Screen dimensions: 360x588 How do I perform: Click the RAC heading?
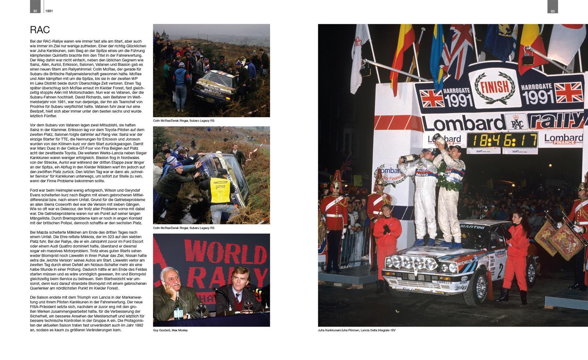point(40,30)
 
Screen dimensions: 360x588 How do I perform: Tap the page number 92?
point(35,11)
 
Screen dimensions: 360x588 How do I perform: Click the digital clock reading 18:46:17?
point(502,140)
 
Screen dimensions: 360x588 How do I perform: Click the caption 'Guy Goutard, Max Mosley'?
point(170,330)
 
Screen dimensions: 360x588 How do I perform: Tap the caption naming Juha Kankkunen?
point(356,330)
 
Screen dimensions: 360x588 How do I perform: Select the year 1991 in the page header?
point(49,11)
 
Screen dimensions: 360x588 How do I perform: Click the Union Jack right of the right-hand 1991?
point(569,92)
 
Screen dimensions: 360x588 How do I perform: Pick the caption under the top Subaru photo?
point(184,121)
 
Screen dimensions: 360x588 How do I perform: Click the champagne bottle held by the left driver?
point(410,157)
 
